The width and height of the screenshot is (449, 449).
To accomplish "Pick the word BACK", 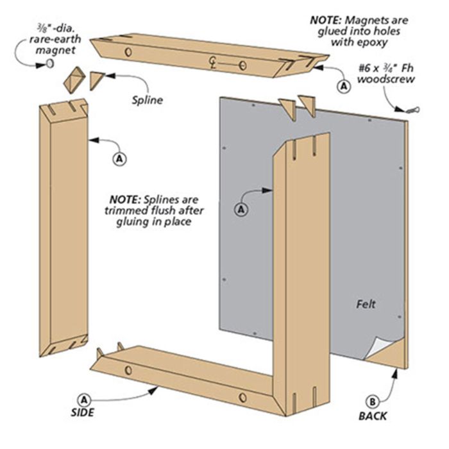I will point(373,416).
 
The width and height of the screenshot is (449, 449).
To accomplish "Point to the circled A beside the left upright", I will point(118,156).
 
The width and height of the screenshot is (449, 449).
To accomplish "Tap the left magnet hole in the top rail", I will point(128,50).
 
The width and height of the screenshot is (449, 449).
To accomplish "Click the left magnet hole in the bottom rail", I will point(129,371).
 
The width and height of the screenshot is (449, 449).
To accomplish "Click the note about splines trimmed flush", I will point(151,211).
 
